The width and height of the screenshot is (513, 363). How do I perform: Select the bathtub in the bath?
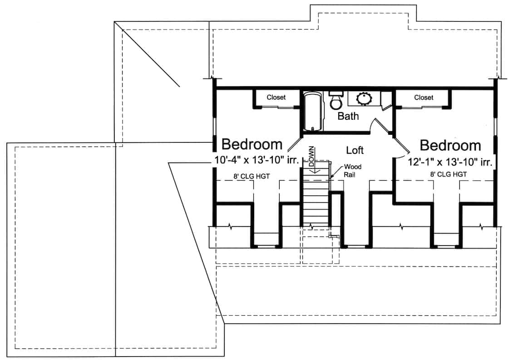point(312,111)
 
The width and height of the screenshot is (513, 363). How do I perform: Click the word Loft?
point(355,150)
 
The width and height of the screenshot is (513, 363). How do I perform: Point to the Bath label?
point(348,116)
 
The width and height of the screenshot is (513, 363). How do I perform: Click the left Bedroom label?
point(252,144)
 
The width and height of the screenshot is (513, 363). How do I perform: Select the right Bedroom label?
point(450,145)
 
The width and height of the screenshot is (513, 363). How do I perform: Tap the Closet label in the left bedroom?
point(276,97)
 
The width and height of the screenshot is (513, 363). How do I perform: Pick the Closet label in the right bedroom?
point(424,97)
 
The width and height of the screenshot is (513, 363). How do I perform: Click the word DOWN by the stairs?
point(312,157)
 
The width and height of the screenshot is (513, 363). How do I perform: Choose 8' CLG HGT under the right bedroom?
point(449,174)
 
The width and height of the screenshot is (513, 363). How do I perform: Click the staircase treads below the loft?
point(316,200)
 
